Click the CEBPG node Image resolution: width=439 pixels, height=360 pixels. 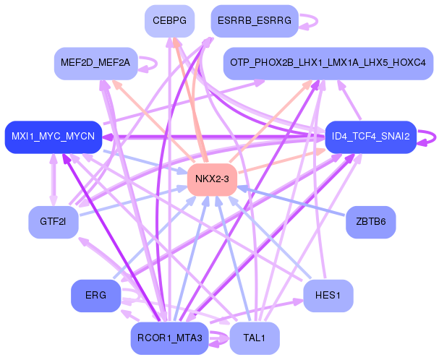point(169,22)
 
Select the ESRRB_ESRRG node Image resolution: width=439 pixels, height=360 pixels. point(255,22)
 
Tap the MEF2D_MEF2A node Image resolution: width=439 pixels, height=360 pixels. point(95,64)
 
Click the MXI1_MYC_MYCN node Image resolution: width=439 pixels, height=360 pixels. point(53,137)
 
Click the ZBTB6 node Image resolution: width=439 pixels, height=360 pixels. point(370,221)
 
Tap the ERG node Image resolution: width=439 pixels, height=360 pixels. point(95,296)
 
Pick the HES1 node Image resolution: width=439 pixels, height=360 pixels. point(328,296)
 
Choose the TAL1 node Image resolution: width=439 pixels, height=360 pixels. point(254,338)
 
